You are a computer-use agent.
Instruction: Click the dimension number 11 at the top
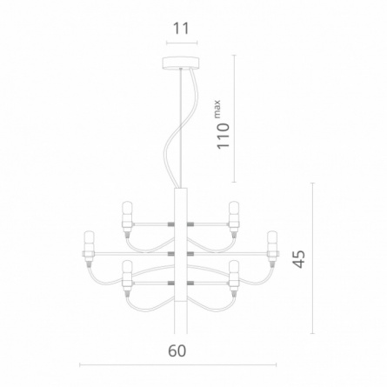[x=181, y=29]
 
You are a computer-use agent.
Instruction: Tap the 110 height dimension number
[x=224, y=136]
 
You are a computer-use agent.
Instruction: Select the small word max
[x=217, y=109]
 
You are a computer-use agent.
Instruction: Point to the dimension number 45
[x=298, y=258]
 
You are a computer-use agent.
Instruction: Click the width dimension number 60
[x=177, y=350]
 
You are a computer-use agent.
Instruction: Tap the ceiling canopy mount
[x=181, y=63]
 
